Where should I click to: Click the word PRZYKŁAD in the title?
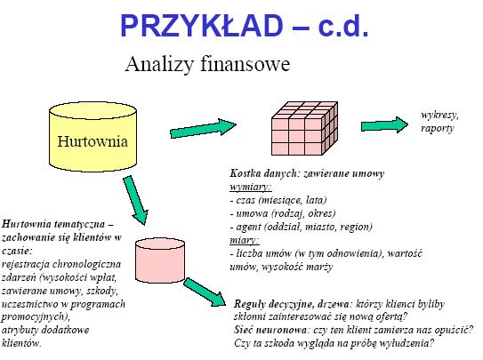click(201, 26)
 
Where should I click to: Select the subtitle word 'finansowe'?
click(246, 64)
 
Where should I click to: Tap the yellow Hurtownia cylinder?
click(93, 137)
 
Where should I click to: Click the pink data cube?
click(304, 128)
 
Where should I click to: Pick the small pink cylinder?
click(160, 261)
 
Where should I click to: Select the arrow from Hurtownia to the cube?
click(204, 129)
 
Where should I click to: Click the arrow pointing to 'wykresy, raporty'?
click(385, 125)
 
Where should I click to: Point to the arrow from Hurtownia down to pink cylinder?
click(135, 200)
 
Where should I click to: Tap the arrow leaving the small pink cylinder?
click(205, 292)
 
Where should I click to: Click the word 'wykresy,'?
click(440, 115)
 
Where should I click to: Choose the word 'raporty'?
click(438, 128)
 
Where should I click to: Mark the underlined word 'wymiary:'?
click(251, 187)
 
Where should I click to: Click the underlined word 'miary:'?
click(245, 240)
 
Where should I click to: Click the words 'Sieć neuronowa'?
click(270, 330)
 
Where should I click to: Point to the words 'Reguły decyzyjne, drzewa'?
click(292, 305)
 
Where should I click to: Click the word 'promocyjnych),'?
click(36, 317)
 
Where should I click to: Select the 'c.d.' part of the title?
click(343, 26)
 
